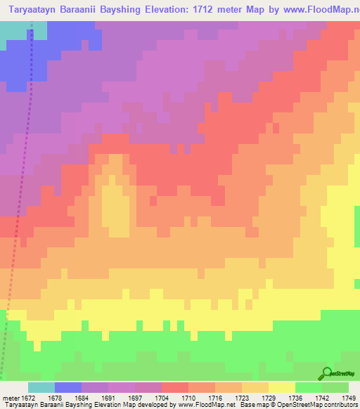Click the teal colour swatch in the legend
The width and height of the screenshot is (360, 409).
click(x=41, y=388)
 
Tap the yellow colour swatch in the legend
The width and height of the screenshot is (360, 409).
click(x=281, y=388)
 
